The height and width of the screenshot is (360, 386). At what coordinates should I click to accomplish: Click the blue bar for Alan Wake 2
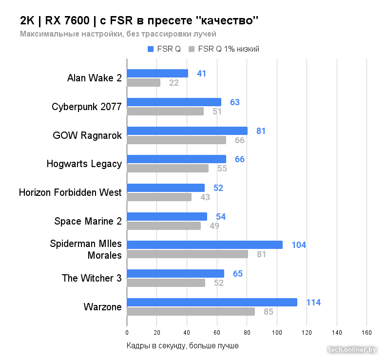(x=157, y=74)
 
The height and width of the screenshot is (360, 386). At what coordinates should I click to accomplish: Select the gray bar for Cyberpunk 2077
(x=165, y=112)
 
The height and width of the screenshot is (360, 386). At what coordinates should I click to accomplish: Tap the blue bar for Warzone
(x=212, y=303)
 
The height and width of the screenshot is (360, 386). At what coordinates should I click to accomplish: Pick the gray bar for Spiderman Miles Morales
(x=187, y=254)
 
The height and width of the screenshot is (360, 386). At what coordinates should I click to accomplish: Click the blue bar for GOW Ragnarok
(x=187, y=131)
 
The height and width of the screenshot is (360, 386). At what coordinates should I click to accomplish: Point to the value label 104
(x=299, y=245)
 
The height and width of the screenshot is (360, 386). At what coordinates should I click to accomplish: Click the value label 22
(x=174, y=83)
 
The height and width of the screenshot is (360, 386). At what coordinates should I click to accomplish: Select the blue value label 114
(x=313, y=303)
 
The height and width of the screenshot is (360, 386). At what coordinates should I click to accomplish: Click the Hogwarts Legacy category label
(x=84, y=164)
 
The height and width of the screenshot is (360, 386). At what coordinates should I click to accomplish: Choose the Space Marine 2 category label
(x=88, y=221)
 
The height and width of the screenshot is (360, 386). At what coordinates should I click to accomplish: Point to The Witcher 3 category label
(x=92, y=279)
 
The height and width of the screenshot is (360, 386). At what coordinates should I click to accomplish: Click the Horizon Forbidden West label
(x=70, y=192)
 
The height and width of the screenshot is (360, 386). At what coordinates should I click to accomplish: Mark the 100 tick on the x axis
(x=277, y=333)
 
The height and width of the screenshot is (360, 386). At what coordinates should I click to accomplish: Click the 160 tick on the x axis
(x=367, y=333)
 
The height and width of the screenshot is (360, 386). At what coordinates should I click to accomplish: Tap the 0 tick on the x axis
(x=127, y=333)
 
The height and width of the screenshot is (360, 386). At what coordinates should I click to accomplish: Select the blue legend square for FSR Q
(x=151, y=49)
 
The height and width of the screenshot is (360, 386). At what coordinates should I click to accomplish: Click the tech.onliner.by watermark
(x=352, y=349)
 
